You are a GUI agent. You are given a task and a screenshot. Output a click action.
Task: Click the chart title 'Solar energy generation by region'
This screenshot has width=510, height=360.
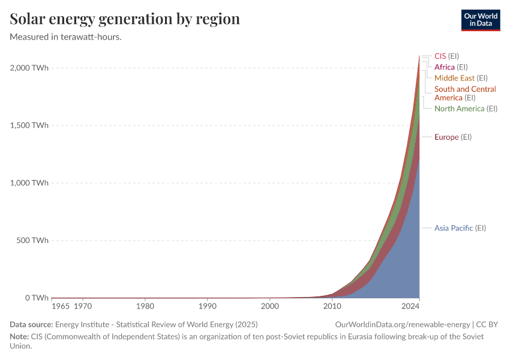click(x=125, y=19)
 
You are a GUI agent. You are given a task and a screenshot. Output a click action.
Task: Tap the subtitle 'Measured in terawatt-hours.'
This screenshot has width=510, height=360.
click(x=66, y=37)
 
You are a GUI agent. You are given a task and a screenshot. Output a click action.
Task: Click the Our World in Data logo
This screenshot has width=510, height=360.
click(x=480, y=20)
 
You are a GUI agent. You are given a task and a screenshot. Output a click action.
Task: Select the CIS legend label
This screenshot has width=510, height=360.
click(x=446, y=56)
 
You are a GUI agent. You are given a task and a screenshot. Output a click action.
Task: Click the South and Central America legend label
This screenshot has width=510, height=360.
click(x=465, y=93)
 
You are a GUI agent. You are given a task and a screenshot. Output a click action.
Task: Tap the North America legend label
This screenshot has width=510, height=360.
click(x=466, y=109)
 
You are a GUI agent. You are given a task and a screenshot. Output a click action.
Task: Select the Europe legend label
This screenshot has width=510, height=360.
click(x=453, y=137)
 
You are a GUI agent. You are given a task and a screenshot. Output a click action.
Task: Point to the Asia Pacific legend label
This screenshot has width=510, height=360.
click(x=460, y=228)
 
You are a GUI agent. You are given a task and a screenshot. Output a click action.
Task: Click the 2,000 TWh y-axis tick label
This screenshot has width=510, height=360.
click(x=29, y=68)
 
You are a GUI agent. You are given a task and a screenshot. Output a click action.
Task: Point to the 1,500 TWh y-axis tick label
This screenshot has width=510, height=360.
click(x=29, y=125)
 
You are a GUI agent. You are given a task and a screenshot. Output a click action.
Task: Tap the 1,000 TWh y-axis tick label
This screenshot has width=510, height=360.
click(x=29, y=183)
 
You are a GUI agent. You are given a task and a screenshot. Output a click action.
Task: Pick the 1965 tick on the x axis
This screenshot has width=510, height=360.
click(x=61, y=306)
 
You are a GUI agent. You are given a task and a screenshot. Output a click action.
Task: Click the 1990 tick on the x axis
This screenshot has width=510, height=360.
click(x=208, y=306)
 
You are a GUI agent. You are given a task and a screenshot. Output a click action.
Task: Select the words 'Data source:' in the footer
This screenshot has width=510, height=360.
click(x=31, y=325)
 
